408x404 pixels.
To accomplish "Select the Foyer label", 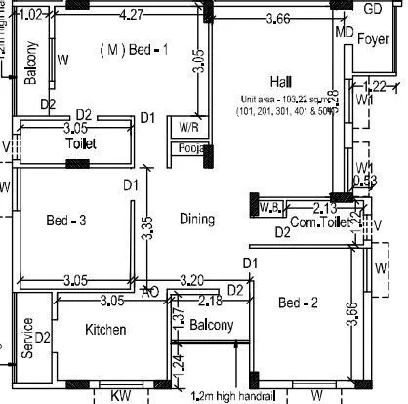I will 374,40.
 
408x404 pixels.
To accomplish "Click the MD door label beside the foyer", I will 343,32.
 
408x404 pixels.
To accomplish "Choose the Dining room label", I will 196,220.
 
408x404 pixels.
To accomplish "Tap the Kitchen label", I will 105,330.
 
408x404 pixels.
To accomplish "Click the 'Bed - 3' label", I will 66,222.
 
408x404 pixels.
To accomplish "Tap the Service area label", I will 28,337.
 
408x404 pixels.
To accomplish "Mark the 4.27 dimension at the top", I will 133,14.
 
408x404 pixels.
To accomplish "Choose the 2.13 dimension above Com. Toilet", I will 325,207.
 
